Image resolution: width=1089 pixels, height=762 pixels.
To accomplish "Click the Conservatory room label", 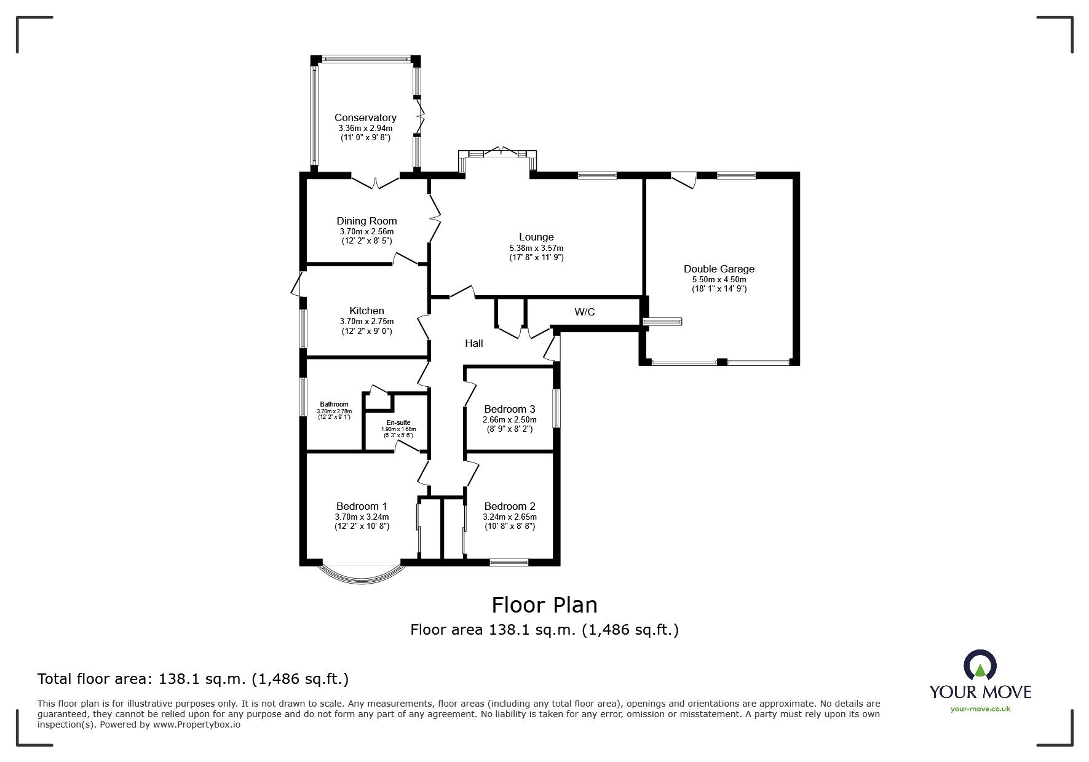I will pyautogui.click(x=365, y=117).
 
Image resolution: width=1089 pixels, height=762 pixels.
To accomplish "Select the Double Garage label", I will pyautogui.click(x=719, y=269).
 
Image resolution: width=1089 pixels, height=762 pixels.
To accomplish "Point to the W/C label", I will pyautogui.click(x=584, y=312).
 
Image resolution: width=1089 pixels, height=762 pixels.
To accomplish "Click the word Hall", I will pyautogui.click(x=473, y=343).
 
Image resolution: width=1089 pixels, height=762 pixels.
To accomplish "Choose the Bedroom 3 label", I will pyautogui.click(x=509, y=409).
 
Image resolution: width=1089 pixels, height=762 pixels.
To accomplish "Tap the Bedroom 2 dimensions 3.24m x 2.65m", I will pyautogui.click(x=509, y=517).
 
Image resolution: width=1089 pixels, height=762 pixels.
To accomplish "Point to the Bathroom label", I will pyautogui.click(x=334, y=405).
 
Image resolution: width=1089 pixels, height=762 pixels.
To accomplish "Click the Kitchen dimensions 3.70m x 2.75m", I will pyautogui.click(x=366, y=321).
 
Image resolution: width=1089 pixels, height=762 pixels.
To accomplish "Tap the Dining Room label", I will pyautogui.click(x=366, y=221).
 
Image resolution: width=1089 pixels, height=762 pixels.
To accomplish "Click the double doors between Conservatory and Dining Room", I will pyautogui.click(x=376, y=181).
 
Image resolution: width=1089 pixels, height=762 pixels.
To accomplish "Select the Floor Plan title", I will pyautogui.click(x=544, y=605).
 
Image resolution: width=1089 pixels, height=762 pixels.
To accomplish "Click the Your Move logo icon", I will pyautogui.click(x=980, y=665).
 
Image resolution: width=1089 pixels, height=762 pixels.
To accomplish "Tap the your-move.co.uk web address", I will pyautogui.click(x=980, y=708).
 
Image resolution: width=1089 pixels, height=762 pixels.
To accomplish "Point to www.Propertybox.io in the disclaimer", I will pyautogui.click(x=196, y=724).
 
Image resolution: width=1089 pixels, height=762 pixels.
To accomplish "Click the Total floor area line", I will pyautogui.click(x=193, y=679).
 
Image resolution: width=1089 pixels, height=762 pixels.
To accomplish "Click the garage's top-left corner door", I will pyautogui.click(x=684, y=180).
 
